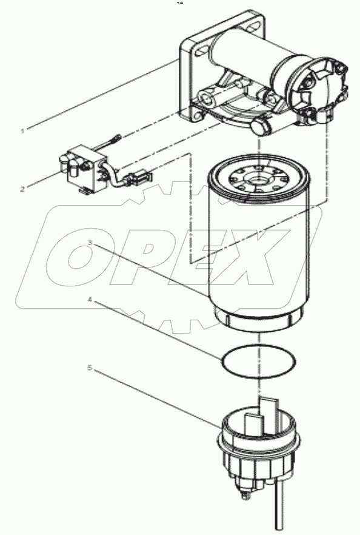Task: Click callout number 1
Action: (23, 130)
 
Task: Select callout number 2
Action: (23, 188)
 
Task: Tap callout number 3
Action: (89, 243)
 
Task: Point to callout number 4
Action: (89, 299)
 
